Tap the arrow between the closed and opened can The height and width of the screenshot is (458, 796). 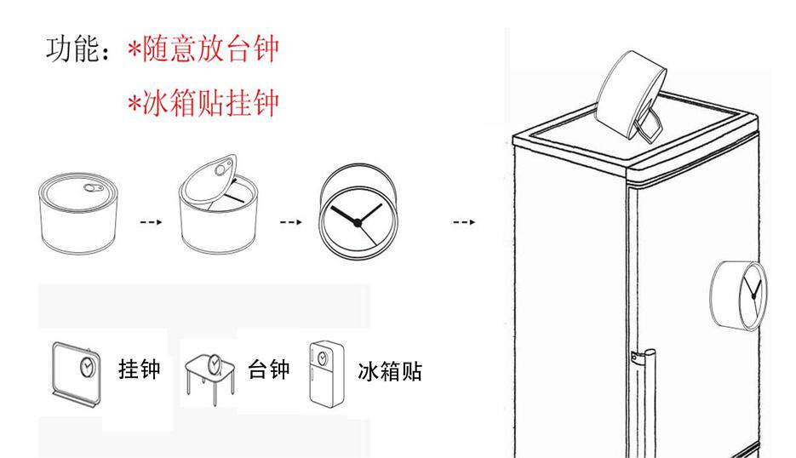tap(150, 222)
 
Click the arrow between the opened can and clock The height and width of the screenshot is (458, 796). tap(291, 222)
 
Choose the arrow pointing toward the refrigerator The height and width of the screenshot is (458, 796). tap(464, 222)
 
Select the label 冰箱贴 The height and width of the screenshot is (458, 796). tap(390, 371)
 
